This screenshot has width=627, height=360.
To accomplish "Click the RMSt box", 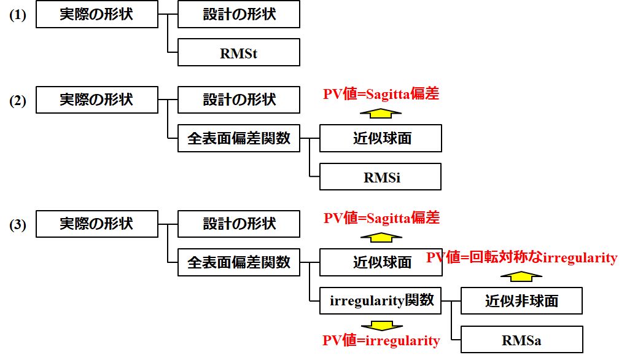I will [x=238, y=53].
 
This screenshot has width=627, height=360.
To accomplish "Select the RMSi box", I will [x=380, y=177].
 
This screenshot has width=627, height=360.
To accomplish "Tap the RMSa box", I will [x=521, y=339].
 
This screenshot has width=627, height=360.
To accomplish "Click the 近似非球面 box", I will [x=521, y=301].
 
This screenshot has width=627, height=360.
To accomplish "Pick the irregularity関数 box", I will [x=380, y=301].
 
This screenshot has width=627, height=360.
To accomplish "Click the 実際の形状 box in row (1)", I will [x=96, y=15].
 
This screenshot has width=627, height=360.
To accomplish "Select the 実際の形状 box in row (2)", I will [x=96, y=100].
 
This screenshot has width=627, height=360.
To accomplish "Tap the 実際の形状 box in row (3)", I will [x=96, y=224].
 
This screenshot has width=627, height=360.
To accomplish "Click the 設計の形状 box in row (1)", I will [x=238, y=15].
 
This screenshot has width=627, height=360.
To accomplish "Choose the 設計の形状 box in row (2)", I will [x=238, y=100].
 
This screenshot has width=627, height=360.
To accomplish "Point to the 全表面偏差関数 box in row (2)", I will [x=238, y=139].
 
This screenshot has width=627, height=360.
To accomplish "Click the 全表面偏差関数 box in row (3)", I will [x=238, y=263].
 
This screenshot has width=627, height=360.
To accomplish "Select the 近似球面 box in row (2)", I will [x=380, y=139].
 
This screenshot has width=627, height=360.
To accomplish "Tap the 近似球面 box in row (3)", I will [x=380, y=263].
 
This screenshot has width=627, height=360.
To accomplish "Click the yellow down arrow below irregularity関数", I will [x=381, y=325].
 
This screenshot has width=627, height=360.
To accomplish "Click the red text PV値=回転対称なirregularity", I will [x=521, y=258].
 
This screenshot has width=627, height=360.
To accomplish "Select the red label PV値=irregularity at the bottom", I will [x=381, y=340].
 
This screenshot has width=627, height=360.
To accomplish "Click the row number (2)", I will [x=17, y=101].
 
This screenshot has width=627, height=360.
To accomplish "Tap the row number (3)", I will [x=17, y=225].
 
